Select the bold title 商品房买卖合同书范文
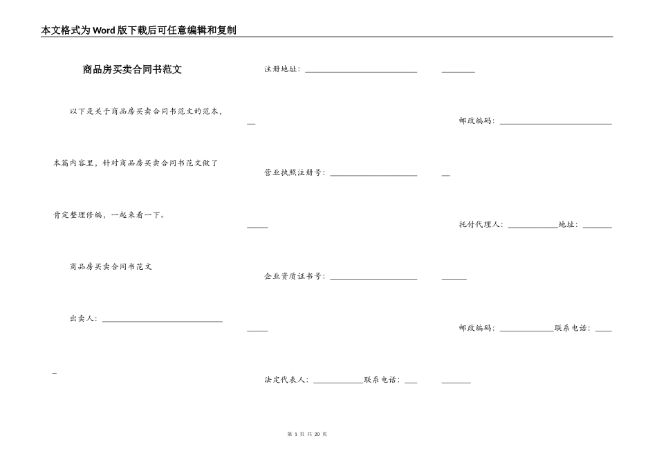click(132, 70)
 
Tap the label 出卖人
click(83, 319)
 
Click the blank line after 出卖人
click(162, 320)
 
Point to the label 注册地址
click(281, 69)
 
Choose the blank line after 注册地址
click(361, 71)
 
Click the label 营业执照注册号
click(294, 173)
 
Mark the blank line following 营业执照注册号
click(373, 174)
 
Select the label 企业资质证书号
click(294, 276)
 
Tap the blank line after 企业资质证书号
click(373, 278)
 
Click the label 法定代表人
click(286, 380)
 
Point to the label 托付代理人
click(481, 224)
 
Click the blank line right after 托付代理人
click(533, 226)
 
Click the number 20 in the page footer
click(317, 434)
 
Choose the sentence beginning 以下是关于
click(146, 111)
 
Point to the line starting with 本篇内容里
click(136, 163)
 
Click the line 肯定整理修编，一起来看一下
click(109, 215)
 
